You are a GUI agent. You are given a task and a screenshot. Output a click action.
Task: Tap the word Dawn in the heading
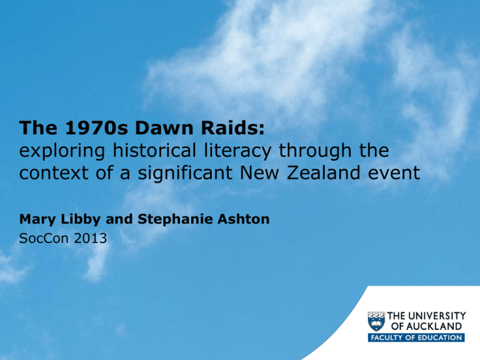164,127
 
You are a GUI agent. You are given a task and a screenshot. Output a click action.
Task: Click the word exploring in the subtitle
62,151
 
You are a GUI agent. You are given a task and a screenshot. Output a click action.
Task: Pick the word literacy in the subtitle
237,151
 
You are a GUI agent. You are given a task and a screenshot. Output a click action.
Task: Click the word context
54,173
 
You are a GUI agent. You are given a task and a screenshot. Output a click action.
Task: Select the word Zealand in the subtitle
323,172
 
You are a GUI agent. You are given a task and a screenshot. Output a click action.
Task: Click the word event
394,173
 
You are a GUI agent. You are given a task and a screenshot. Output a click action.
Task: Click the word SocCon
42,238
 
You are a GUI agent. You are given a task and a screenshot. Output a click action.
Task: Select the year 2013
90,238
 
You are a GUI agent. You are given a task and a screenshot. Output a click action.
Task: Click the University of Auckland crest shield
376,321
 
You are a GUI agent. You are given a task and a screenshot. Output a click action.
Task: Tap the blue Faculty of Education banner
416,337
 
